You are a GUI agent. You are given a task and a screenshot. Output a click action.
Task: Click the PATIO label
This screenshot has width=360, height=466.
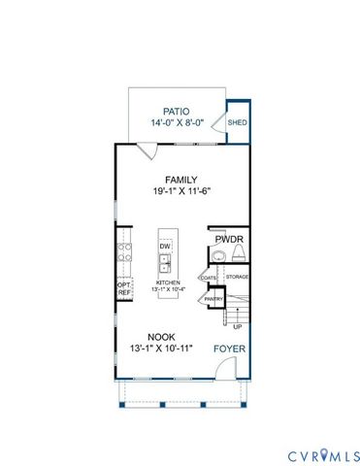[x=177, y=112]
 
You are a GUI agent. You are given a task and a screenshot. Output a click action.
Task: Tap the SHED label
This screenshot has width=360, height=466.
[x=238, y=123]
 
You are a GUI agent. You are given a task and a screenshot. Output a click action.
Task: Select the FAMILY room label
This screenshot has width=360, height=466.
[x=181, y=180]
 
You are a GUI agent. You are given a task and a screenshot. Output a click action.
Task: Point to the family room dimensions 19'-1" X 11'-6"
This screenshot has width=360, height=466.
[x=181, y=191]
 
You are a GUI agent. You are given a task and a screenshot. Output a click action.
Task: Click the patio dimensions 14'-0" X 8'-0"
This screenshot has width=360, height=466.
[x=177, y=123]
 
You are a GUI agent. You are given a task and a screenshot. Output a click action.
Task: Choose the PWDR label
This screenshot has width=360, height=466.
[x=229, y=237]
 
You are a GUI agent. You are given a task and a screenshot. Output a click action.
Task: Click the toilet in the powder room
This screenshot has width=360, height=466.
[x=219, y=255]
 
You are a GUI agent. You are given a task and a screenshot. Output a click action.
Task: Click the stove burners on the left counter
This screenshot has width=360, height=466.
[x=124, y=254]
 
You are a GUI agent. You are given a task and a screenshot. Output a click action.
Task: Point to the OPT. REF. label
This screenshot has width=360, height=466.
[x=124, y=288]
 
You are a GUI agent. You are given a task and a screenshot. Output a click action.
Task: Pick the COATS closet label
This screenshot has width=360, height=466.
[x=209, y=278]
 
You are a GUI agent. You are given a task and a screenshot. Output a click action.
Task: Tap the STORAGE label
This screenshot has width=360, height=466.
[x=237, y=278]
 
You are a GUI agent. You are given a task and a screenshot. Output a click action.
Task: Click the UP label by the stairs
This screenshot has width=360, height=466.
[x=236, y=327]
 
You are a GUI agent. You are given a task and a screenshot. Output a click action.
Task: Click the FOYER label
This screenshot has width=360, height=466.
[x=229, y=347]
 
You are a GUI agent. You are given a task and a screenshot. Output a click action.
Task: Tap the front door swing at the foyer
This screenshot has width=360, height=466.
[x=223, y=369]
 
